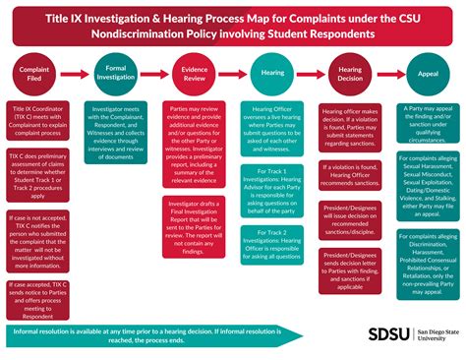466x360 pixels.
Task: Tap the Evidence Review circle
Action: (195, 73)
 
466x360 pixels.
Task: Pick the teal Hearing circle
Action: (272, 73)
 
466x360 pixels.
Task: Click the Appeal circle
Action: (429, 73)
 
